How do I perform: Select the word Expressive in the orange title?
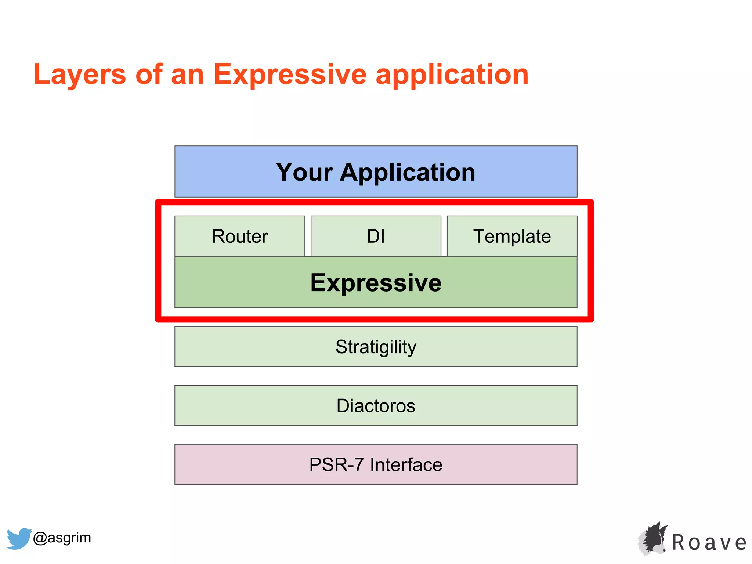pos(290,75)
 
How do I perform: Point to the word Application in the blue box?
pos(408,173)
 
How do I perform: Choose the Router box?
pos(240,236)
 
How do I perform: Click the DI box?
pos(376,236)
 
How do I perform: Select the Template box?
pos(512,236)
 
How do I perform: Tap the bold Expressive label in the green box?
pos(376,283)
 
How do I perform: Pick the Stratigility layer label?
pos(376,347)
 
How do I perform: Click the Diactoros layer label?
pos(376,406)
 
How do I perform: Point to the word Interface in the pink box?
pos(406,465)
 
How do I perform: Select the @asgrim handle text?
pos(62,538)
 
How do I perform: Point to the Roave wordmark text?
pos(709,543)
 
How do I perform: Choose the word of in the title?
pos(149,75)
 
